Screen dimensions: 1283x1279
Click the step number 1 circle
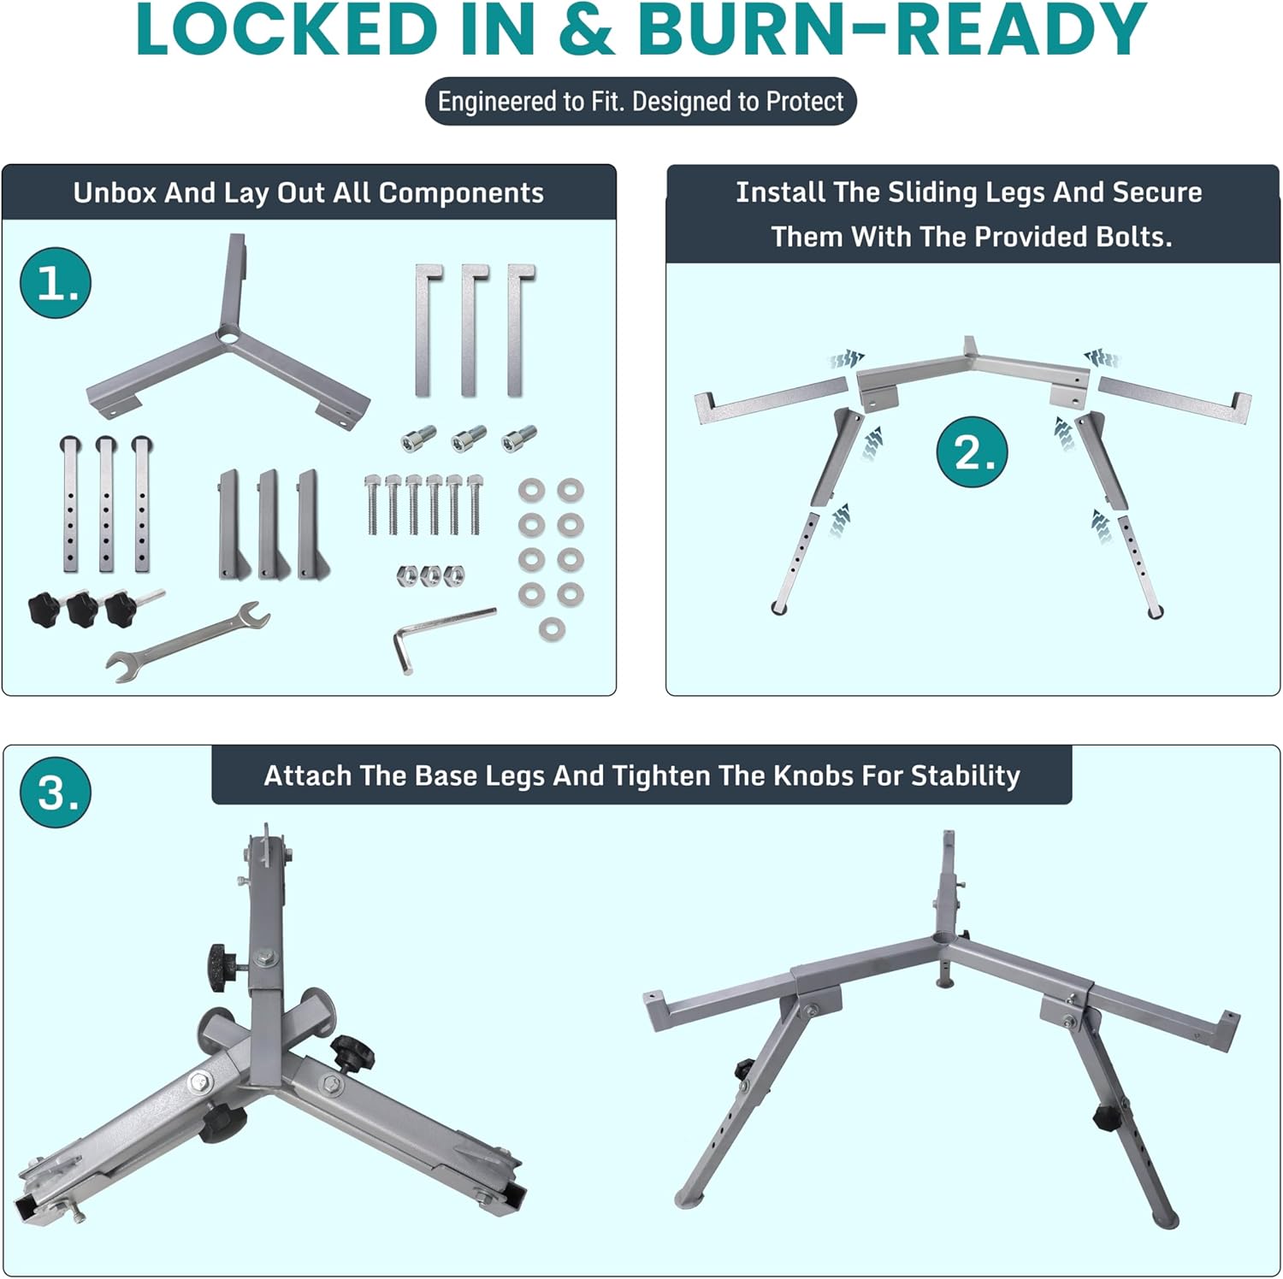click(x=56, y=282)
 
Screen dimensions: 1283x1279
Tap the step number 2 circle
click(x=973, y=451)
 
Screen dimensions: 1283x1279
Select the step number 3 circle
click(x=56, y=792)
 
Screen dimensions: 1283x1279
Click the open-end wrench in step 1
click(x=188, y=640)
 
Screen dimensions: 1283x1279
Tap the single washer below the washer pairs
click(x=552, y=630)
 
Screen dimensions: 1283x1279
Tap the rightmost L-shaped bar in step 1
click(x=517, y=329)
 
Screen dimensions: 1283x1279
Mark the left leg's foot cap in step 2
click(x=779, y=609)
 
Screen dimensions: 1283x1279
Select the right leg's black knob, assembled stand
click(x=1105, y=1117)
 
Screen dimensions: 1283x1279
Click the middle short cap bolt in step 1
click(x=469, y=438)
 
